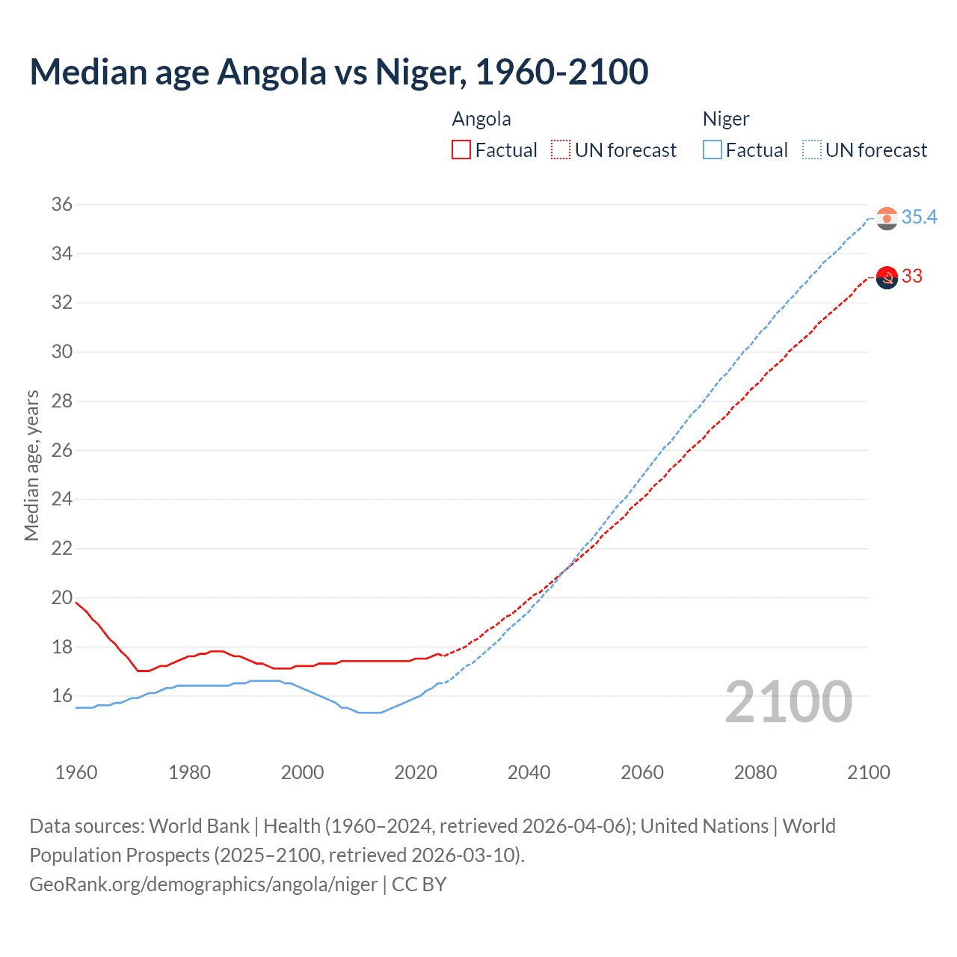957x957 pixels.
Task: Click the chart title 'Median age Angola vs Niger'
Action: click(339, 72)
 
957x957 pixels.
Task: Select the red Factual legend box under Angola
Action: click(461, 150)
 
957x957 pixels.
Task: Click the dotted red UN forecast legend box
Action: click(561, 150)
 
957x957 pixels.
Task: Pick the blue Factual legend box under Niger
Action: click(713, 150)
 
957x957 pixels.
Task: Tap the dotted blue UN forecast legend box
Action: click(812, 150)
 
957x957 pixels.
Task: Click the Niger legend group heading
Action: click(725, 119)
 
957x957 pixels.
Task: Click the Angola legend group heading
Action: click(481, 119)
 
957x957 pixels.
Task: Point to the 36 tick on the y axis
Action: click(62, 204)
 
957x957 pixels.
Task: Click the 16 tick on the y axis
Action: click(62, 696)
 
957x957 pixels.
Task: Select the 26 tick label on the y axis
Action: click(62, 450)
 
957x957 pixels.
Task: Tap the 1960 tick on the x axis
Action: click(76, 772)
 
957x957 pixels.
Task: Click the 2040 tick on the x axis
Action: click(529, 772)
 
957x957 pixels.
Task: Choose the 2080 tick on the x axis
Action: click(755, 772)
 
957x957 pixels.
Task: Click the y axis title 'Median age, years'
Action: click(31, 465)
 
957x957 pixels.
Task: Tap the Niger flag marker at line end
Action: click(887, 218)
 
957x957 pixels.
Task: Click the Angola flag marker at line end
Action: click(887, 277)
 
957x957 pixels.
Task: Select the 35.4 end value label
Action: click(919, 218)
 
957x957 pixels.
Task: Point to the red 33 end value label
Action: click(911, 277)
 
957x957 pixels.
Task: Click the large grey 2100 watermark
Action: click(789, 702)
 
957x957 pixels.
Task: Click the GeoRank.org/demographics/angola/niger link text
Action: click(203, 884)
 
